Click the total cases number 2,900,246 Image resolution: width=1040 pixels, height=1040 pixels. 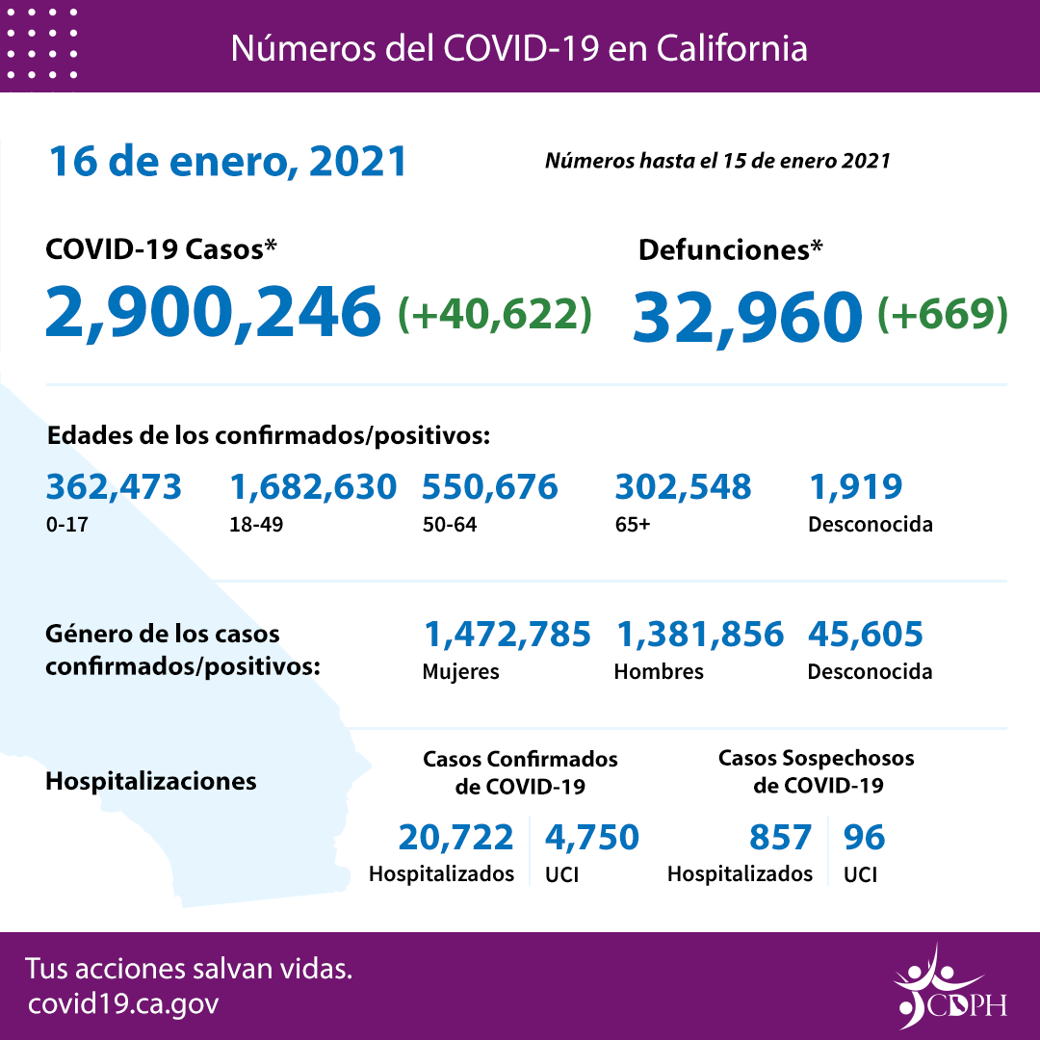[213, 312]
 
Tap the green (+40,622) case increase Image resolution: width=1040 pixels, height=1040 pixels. [494, 313]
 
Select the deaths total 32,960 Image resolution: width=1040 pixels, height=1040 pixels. [747, 315]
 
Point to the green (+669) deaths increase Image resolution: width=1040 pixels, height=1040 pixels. [943, 313]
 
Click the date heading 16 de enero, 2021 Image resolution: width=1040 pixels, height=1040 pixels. [228, 161]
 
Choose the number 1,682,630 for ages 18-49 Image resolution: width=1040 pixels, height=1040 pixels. [313, 487]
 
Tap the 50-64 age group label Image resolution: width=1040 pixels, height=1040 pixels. [449, 526]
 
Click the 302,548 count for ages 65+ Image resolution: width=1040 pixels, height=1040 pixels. [683, 487]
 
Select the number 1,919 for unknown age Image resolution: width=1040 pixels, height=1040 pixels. [855, 487]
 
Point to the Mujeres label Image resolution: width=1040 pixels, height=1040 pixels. [460, 672]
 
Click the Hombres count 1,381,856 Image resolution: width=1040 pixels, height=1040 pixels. [698, 635]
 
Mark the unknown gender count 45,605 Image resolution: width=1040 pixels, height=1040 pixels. [865, 635]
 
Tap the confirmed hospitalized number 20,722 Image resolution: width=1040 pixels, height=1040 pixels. [455, 838]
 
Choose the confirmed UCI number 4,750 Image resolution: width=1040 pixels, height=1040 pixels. [591, 838]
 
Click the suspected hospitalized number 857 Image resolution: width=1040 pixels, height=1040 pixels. [780, 838]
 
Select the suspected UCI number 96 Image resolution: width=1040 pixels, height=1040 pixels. [864, 838]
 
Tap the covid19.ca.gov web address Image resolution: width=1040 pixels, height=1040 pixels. [123, 1004]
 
